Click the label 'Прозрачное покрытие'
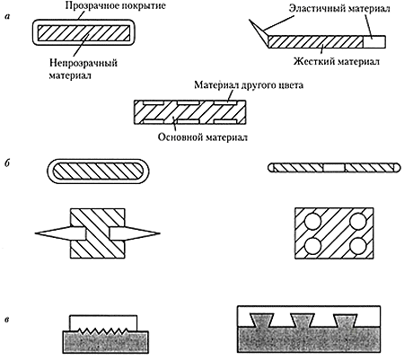(x=115, y=5)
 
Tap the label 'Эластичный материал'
(x=339, y=8)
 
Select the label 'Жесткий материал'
(x=337, y=61)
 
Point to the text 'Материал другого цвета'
(x=249, y=85)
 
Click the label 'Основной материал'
(x=203, y=137)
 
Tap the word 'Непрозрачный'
(x=83, y=63)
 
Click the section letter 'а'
(x=7, y=17)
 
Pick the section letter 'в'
(x=7, y=320)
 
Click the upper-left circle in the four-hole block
(x=312, y=223)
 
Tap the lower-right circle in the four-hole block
(x=357, y=245)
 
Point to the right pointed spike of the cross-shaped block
(x=135, y=233)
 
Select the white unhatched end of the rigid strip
(x=374, y=41)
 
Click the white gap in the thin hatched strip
(x=334, y=168)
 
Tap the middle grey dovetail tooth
(x=303, y=320)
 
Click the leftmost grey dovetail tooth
(x=263, y=320)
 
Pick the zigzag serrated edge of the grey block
(x=103, y=330)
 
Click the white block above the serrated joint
(x=103, y=322)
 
